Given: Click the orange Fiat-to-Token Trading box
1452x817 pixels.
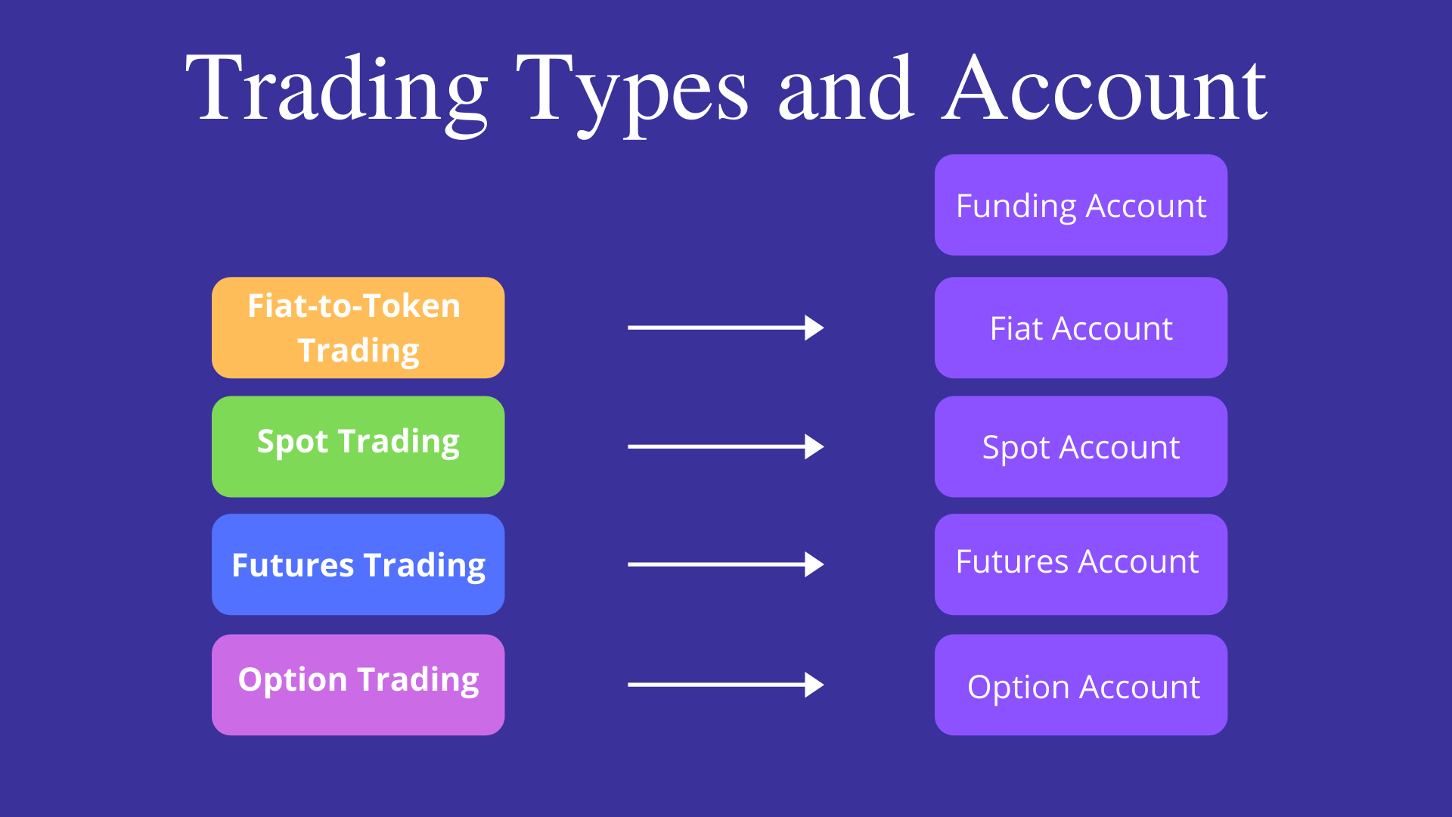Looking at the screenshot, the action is click(358, 328).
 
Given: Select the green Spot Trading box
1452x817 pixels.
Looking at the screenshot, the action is click(358, 446).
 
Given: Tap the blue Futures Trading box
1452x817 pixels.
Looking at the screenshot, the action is click(358, 564).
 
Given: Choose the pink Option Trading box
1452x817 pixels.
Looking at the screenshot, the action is click(358, 685).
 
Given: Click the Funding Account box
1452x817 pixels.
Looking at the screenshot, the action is click(1081, 205).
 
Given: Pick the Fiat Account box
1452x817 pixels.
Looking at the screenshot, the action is click(1081, 328).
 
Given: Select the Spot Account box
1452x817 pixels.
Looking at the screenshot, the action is click(1081, 446).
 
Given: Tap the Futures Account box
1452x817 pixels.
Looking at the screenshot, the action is click(1081, 564).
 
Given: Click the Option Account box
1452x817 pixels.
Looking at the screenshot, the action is click(1081, 685).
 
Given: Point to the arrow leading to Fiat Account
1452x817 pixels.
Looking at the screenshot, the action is click(726, 328).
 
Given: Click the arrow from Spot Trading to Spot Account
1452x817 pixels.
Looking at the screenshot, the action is click(726, 446).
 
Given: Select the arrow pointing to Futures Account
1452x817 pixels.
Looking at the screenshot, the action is click(726, 564).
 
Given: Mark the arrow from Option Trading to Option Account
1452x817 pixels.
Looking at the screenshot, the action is click(726, 685).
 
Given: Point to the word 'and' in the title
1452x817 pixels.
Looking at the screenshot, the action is click(845, 88).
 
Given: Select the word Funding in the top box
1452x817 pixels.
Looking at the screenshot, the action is click(1016, 207).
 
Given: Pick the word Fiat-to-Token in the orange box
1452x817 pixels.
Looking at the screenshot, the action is click(354, 306).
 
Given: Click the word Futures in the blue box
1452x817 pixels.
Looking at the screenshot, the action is click(293, 565).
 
